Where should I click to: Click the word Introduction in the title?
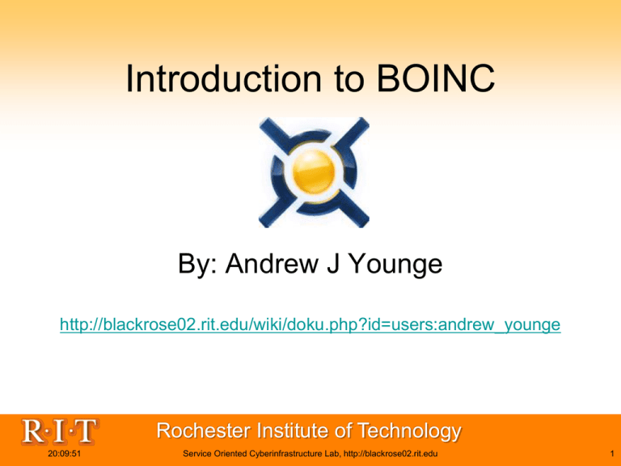(223, 78)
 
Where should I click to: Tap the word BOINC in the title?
(436, 78)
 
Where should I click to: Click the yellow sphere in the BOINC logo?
(314, 172)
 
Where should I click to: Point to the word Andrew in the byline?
(272, 263)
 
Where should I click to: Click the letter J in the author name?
(333, 263)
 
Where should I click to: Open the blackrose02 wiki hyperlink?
(310, 324)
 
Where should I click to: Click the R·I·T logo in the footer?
(59, 431)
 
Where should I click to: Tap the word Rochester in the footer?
(204, 430)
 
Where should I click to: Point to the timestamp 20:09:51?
(64, 454)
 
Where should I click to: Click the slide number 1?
(612, 454)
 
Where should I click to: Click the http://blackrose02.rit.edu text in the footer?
(391, 454)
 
